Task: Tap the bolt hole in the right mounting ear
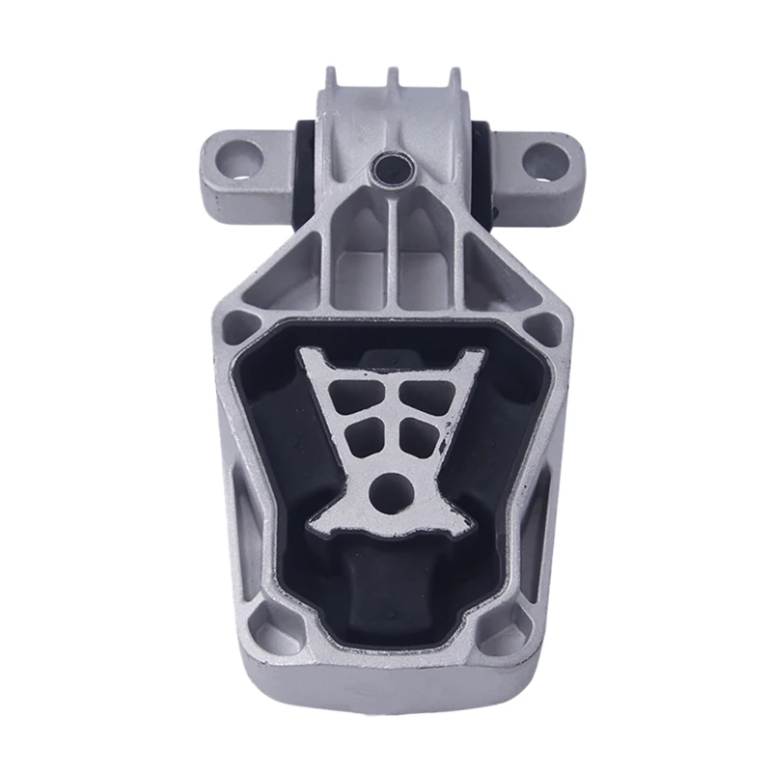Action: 545,157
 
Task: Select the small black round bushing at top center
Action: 390,169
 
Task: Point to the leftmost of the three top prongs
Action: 331,77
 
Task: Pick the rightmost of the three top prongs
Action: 453,77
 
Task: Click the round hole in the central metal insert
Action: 390,486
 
